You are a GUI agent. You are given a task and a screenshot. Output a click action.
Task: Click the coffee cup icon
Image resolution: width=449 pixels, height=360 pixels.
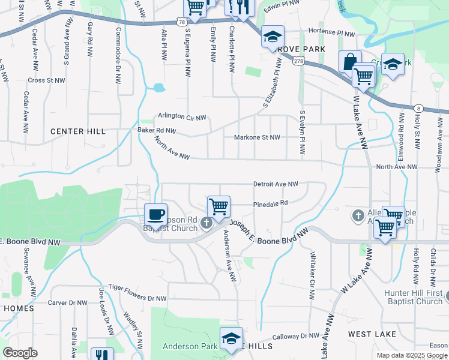[156, 214]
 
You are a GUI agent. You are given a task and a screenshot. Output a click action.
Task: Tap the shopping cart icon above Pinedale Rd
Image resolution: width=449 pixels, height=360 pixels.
[219, 206]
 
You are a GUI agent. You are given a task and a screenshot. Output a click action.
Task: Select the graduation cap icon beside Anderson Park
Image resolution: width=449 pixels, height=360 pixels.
[231, 338]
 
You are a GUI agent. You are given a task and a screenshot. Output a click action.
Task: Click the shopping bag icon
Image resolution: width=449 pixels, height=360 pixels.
[350, 61]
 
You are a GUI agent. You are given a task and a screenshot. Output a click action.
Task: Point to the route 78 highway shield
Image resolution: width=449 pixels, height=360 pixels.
[181, 22]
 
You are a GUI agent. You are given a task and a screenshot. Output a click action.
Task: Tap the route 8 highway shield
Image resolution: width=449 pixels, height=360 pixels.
[418, 108]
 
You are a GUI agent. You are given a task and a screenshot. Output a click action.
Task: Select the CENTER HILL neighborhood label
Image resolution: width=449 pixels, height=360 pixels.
[77, 131]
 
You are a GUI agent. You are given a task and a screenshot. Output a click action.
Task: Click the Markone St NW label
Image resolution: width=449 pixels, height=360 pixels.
[256, 137]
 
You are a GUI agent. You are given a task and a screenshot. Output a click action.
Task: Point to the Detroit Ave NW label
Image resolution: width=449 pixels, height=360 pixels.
[276, 184]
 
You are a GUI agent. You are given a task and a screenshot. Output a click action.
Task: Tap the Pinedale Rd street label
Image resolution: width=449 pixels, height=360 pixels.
[271, 203]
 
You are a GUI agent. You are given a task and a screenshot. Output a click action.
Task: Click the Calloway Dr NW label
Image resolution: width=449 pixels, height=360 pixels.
[296, 337]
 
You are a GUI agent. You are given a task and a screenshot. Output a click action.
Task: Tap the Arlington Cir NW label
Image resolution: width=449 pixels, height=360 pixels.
[182, 116]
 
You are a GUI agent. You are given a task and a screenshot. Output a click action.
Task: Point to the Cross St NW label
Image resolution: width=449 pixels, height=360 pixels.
[46, 80]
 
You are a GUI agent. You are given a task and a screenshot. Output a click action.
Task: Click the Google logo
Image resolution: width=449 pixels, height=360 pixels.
[20, 353]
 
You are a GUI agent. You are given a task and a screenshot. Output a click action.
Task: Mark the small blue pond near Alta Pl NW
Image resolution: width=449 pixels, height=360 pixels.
[158, 88]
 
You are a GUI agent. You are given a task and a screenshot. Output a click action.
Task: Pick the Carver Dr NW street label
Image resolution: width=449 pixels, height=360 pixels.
[68, 303]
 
